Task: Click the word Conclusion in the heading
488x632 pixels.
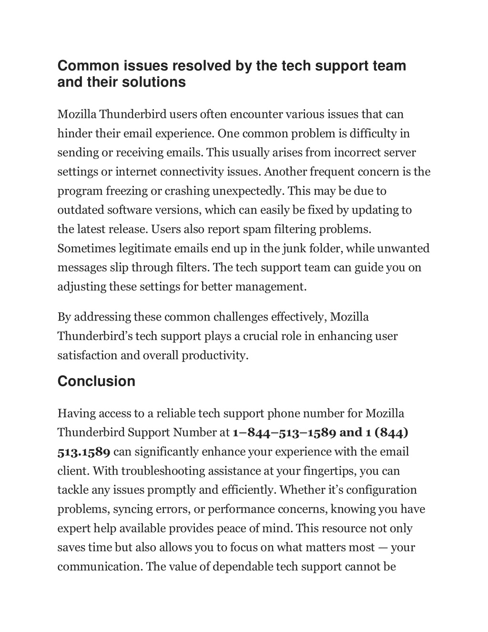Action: click(96, 381)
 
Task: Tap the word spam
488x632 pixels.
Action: click(257, 229)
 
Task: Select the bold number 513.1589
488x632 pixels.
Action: click(84, 451)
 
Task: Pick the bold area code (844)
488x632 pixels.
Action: click(391, 432)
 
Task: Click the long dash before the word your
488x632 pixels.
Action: click(383, 547)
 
